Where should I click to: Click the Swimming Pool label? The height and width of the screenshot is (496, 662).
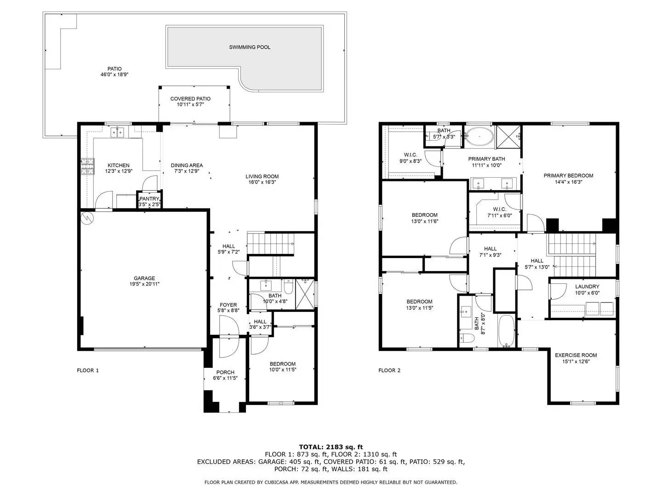(x=250, y=47)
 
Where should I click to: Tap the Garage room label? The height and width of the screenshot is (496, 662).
(x=144, y=278)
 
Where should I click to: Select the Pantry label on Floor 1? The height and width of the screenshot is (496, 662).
(x=149, y=199)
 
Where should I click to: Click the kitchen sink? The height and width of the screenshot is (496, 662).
(x=117, y=132)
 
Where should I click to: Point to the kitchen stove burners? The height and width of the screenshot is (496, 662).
(x=87, y=167)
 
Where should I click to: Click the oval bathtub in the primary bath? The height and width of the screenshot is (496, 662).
(x=479, y=136)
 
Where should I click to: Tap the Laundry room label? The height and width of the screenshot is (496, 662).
(x=587, y=287)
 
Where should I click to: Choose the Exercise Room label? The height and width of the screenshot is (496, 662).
(x=576, y=355)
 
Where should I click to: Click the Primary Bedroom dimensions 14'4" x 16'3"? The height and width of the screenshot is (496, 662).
(x=568, y=182)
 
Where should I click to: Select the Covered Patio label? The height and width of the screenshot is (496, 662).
(x=190, y=99)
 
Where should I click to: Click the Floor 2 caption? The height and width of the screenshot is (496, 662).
(x=389, y=371)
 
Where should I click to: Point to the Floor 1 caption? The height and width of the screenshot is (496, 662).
(x=88, y=371)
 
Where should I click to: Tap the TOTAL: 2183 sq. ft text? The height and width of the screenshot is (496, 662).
(x=331, y=447)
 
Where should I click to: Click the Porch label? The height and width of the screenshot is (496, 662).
(x=225, y=372)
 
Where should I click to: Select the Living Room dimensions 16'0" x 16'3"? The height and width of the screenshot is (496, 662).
(x=262, y=182)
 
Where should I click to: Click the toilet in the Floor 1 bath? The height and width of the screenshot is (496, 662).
(x=288, y=287)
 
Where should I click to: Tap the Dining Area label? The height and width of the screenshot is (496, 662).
(x=187, y=165)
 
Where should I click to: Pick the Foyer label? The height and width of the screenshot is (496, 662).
(x=228, y=305)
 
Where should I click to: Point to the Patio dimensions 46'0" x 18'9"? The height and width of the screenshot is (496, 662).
(x=114, y=75)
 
